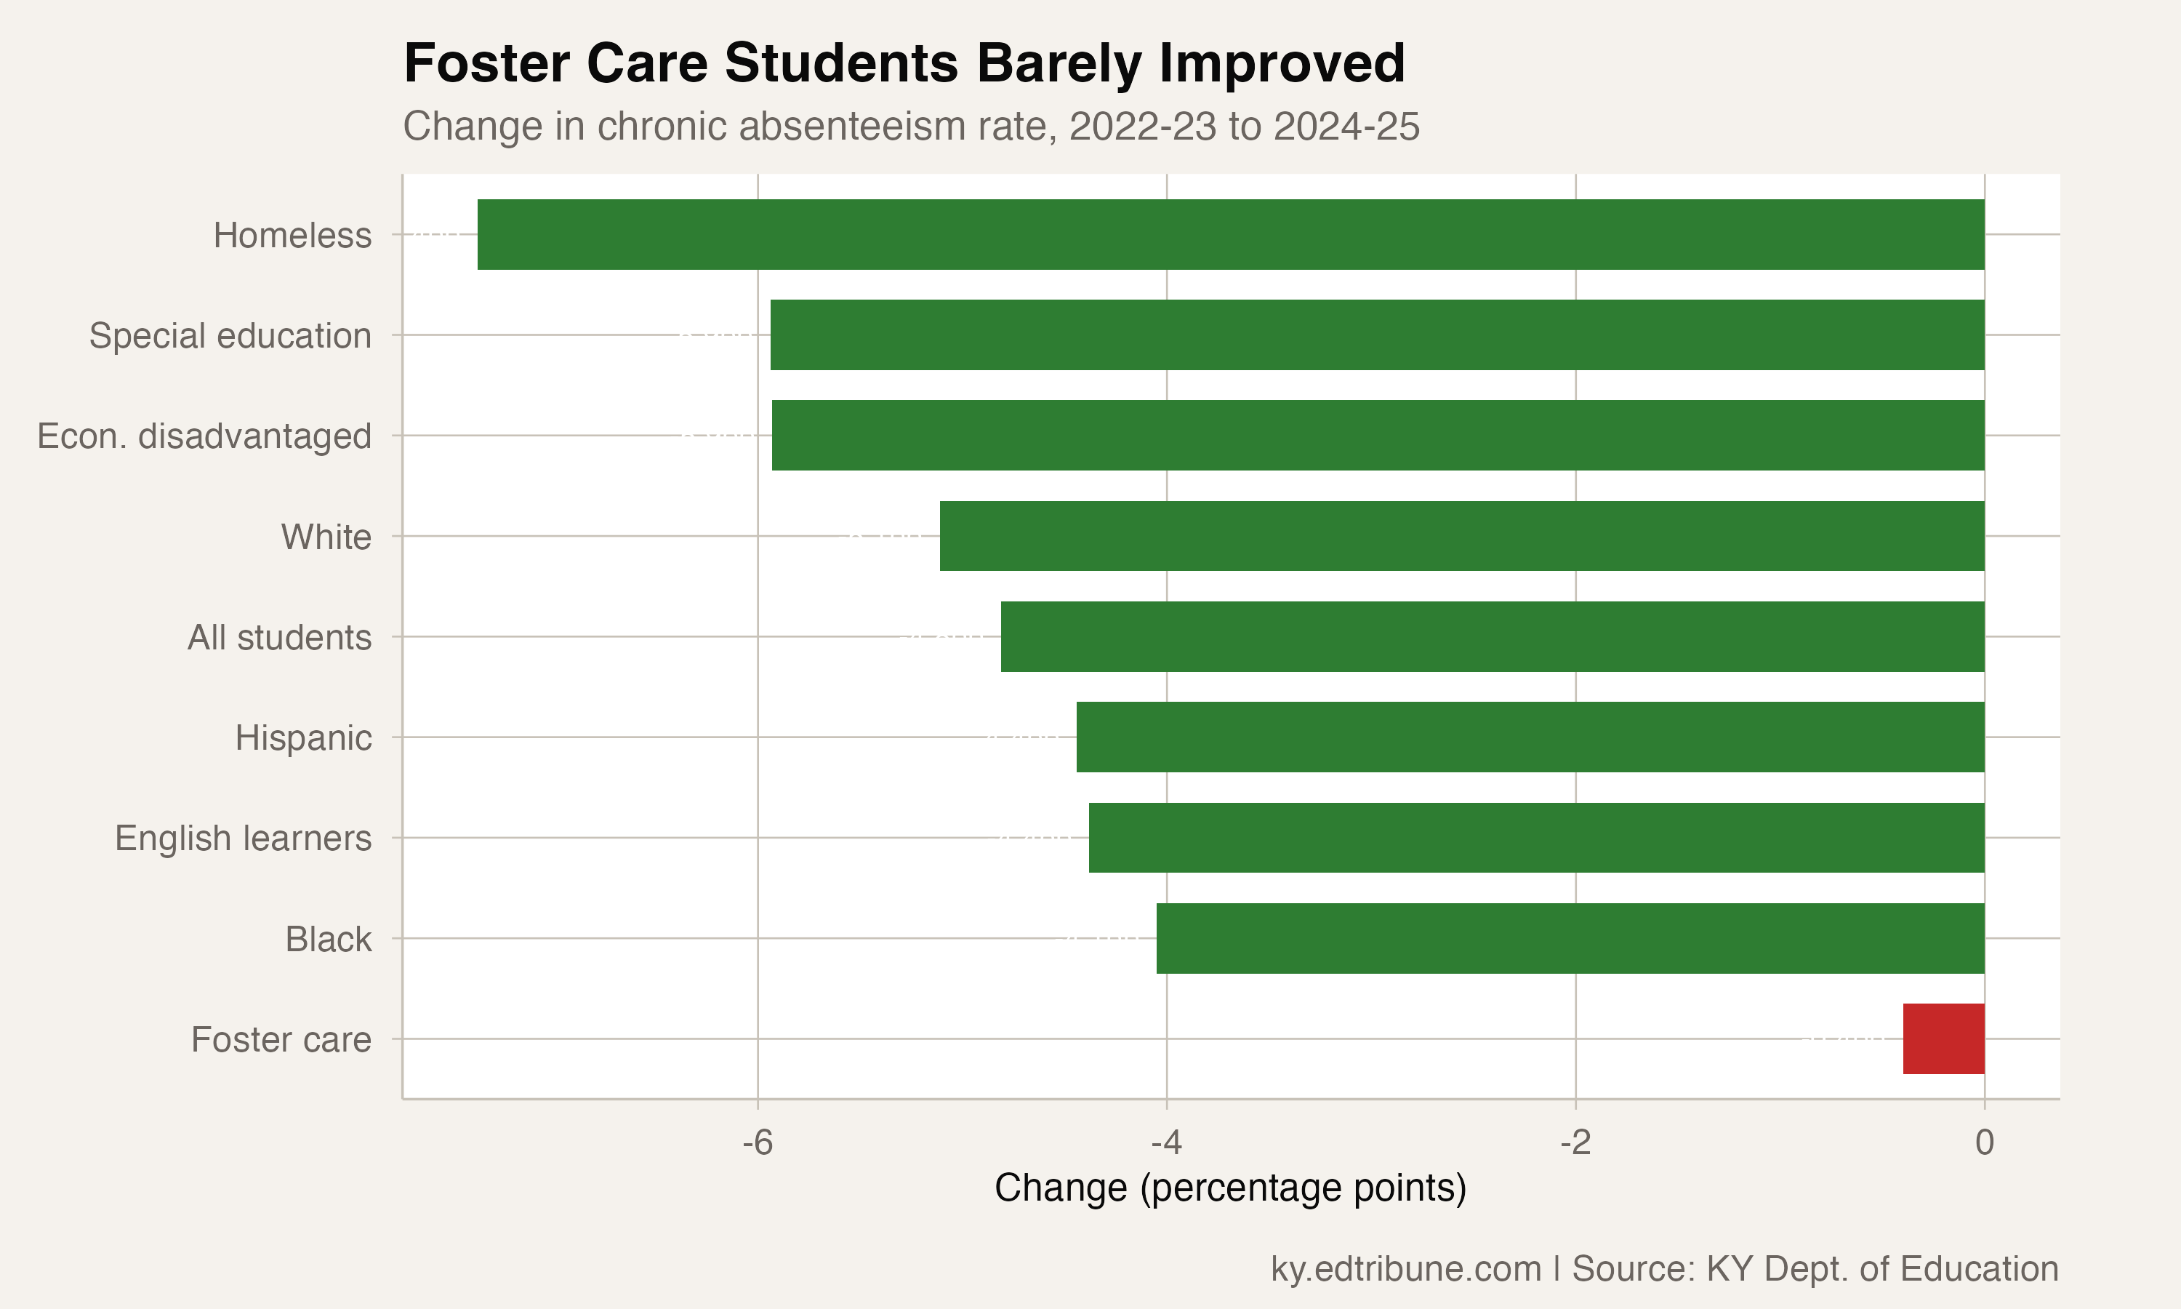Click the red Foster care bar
pyautogui.click(x=1943, y=1038)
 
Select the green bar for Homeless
pyautogui.click(x=1230, y=235)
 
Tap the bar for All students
pyautogui.click(x=1492, y=636)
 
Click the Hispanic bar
pyautogui.click(x=1530, y=737)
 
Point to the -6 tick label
pyautogui.click(x=758, y=1142)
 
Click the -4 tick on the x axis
pyautogui.click(x=1165, y=1142)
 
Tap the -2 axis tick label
pyautogui.click(x=1575, y=1142)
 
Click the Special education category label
pyautogui.click(x=230, y=336)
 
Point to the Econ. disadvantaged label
pyautogui.click(x=204, y=436)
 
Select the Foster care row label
pyautogui.click(x=281, y=1039)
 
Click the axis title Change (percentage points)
pyautogui.click(x=1230, y=1188)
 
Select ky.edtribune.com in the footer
pyautogui.click(x=1405, y=1268)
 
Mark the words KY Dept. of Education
pyautogui.click(x=1881, y=1268)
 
